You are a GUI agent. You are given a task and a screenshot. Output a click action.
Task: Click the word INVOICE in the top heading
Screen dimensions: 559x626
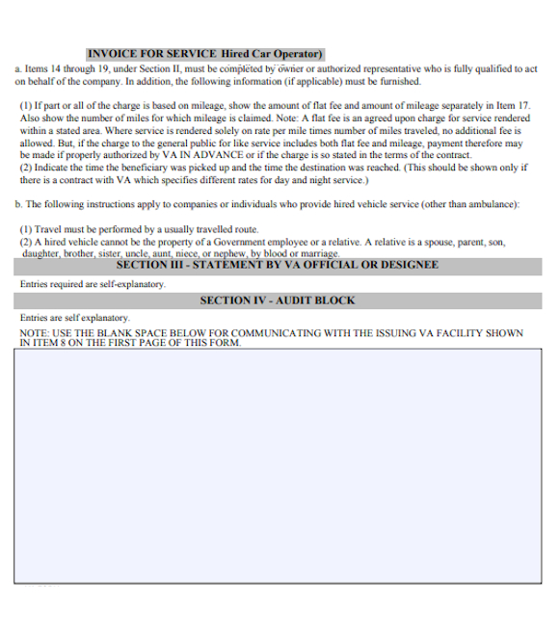point(109,54)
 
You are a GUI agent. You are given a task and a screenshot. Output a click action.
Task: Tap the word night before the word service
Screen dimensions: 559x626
point(311,179)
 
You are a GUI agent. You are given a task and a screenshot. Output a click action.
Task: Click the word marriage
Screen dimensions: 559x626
point(318,254)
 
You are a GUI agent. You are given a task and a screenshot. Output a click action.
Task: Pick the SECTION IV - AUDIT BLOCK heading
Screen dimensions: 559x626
point(278,300)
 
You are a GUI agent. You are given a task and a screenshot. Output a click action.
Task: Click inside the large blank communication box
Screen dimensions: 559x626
point(279,462)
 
